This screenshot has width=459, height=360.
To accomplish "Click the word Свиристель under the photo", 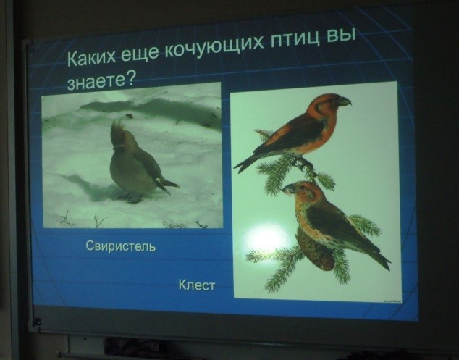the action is pyautogui.click(x=121, y=246).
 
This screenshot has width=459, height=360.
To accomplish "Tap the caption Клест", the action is pyautogui.click(x=197, y=285).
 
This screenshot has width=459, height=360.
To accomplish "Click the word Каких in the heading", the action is pyautogui.click(x=92, y=56).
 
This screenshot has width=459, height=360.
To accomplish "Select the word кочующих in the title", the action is pyautogui.click(x=214, y=48).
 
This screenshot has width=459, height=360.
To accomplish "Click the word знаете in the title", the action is pyautogui.click(x=97, y=81).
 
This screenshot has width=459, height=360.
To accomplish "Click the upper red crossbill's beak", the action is pyautogui.click(x=345, y=101).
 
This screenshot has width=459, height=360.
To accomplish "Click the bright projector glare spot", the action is pyautogui.click(x=265, y=238).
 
